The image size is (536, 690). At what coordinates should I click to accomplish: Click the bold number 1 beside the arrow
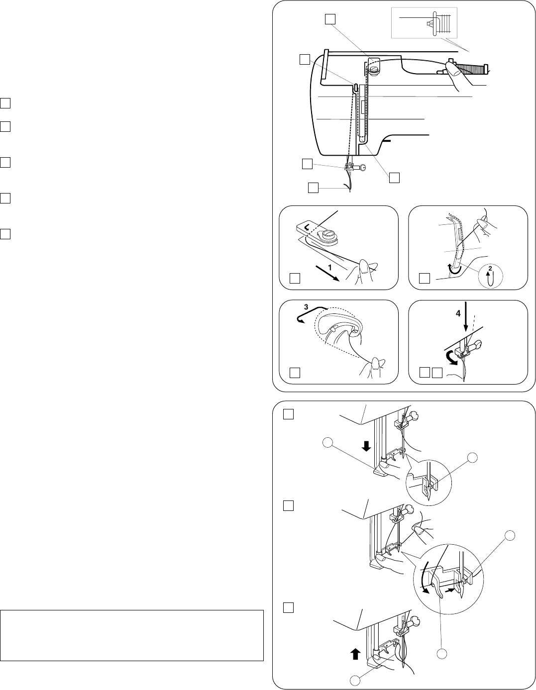[330, 268]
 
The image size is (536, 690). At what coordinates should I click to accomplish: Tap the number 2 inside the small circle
[490, 269]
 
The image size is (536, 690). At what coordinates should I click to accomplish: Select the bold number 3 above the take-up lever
[306, 307]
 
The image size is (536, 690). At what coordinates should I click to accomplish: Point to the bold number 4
[458, 313]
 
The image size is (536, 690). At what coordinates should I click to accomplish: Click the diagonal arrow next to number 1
[327, 274]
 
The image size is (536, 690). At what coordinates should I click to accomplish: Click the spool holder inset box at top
[424, 22]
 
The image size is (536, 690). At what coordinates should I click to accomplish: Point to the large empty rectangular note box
[132, 644]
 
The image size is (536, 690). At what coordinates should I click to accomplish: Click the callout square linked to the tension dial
[330, 19]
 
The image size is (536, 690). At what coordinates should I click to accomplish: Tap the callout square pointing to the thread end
[314, 188]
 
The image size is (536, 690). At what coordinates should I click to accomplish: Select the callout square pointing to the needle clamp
[307, 164]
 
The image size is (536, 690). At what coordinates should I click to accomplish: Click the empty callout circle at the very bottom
[355, 680]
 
